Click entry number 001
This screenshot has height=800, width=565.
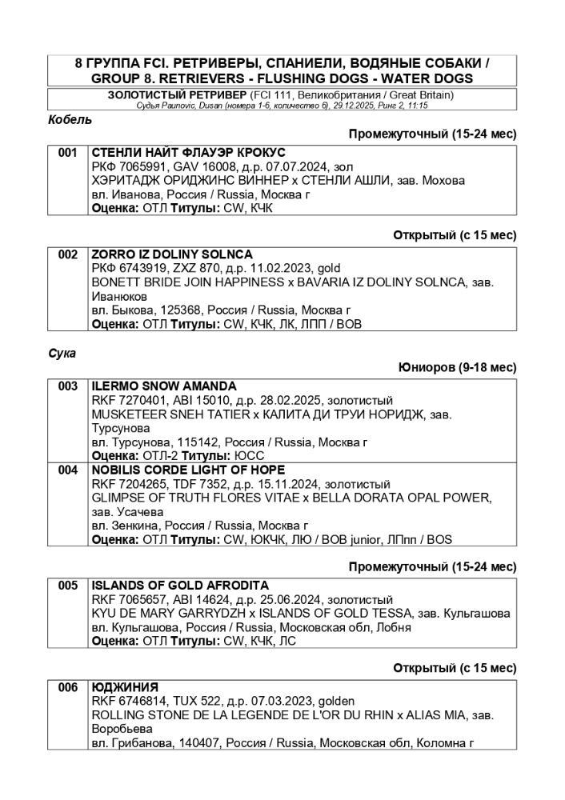click(68, 152)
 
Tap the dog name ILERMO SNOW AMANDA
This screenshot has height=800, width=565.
click(164, 386)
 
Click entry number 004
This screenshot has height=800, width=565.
click(68, 470)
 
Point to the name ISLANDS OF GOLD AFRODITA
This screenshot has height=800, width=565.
click(180, 586)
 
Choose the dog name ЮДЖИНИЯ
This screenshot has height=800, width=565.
click(125, 687)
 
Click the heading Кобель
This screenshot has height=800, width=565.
click(70, 120)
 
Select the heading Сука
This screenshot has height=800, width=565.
click(62, 353)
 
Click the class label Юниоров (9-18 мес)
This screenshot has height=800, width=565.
click(457, 368)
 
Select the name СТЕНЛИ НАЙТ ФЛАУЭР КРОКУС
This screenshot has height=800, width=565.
click(189, 152)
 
